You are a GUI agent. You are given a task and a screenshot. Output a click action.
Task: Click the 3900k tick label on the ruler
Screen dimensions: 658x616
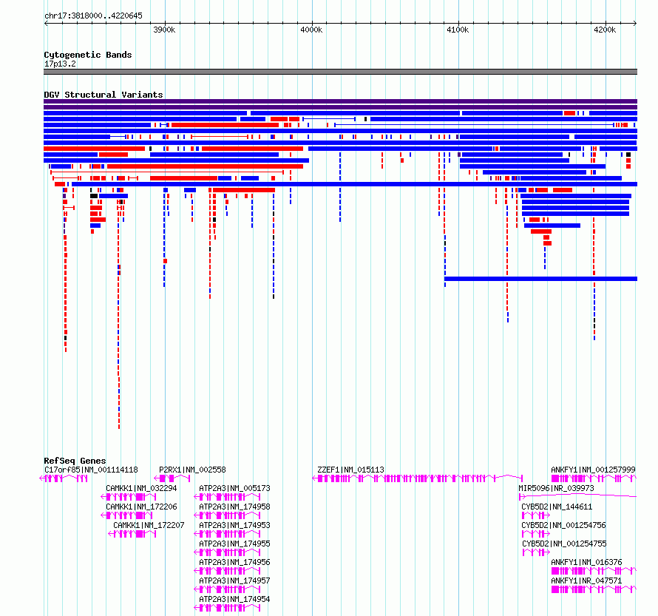click(164, 30)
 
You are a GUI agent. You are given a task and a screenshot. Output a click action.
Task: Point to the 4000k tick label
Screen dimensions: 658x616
click(311, 30)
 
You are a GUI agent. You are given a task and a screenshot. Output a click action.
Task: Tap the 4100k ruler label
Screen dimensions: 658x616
click(458, 30)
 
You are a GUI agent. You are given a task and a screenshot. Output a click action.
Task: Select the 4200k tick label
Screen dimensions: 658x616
click(605, 30)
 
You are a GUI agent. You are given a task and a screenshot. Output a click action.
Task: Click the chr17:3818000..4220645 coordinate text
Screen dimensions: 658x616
click(94, 16)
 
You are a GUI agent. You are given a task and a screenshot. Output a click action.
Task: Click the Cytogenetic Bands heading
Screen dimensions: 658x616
click(88, 55)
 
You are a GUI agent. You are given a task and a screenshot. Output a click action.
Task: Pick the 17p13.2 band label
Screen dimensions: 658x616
click(60, 64)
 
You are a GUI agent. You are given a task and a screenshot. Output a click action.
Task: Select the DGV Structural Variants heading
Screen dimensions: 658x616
click(104, 95)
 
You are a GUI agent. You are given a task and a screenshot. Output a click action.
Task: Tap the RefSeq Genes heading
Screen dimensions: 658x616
click(75, 461)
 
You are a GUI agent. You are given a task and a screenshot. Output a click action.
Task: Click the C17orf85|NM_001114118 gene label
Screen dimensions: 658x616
click(91, 470)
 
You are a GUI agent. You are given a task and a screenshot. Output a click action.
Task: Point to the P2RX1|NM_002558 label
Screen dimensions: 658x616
click(192, 470)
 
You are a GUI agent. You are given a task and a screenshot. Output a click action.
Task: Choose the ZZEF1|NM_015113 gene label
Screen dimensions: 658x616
click(351, 470)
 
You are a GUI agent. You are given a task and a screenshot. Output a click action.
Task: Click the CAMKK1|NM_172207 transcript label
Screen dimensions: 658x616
click(149, 525)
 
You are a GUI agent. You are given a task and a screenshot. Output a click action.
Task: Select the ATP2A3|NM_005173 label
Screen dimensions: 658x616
click(234, 488)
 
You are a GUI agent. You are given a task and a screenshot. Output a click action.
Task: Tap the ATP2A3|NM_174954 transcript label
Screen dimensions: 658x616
click(234, 599)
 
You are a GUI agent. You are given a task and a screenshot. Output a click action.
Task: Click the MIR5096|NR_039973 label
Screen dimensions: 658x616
click(556, 488)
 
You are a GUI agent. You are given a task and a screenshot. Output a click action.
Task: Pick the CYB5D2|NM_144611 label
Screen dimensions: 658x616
click(557, 507)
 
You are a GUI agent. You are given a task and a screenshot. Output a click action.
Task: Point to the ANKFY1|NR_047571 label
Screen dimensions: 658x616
click(586, 581)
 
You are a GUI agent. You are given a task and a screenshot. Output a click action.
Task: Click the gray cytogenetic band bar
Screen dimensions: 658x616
click(340, 72)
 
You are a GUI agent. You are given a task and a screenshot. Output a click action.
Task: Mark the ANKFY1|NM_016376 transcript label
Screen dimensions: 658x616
click(586, 562)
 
